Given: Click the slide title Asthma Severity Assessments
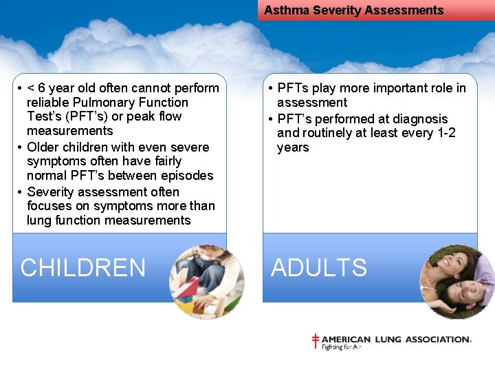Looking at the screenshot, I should pyautogui.click(x=353, y=10).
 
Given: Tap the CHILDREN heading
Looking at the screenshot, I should pyautogui.click(x=83, y=267).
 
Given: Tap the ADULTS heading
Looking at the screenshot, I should pyautogui.click(x=319, y=267).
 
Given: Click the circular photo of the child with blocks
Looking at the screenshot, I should pyautogui.click(x=206, y=281).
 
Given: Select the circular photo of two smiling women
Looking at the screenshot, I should pyautogui.click(x=457, y=281).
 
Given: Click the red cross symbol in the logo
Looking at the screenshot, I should pyautogui.click(x=316, y=341).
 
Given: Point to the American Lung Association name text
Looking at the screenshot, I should pyautogui.click(x=396, y=340).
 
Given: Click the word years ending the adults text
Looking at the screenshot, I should pyautogui.click(x=293, y=147).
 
